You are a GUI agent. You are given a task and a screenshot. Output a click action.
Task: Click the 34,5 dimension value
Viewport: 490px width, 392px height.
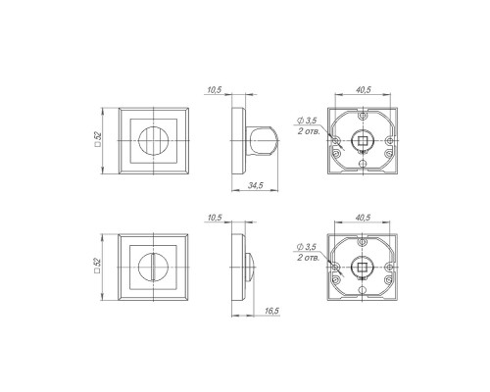pyautogui.click(x=256, y=185)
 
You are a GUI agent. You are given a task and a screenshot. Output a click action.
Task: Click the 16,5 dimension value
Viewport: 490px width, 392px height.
pyautogui.click(x=271, y=311)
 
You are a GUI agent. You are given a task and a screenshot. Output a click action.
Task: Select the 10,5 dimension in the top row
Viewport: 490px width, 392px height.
pyautogui.click(x=215, y=90)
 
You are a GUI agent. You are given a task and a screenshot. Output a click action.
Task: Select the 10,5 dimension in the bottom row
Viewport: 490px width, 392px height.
pyautogui.click(x=215, y=218)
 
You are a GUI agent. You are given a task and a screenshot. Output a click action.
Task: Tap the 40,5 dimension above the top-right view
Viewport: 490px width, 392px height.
pyautogui.click(x=364, y=90)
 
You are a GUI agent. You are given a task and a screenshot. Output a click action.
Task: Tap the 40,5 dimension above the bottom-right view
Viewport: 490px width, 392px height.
pyautogui.click(x=364, y=218)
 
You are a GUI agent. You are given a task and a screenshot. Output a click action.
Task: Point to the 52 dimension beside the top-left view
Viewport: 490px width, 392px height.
pyautogui.click(x=98, y=139)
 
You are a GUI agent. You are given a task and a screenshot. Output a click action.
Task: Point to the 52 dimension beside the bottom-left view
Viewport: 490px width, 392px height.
pyautogui.click(x=98, y=266)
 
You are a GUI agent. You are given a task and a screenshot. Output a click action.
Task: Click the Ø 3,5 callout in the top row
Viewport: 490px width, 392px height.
pyautogui.click(x=307, y=121)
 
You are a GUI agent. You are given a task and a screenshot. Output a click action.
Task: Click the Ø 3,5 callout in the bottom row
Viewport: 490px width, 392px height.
pyautogui.click(x=307, y=247)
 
